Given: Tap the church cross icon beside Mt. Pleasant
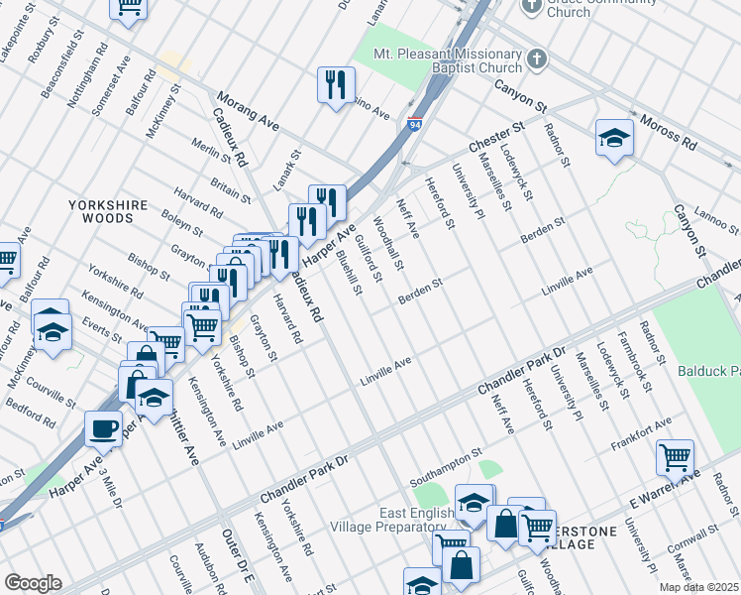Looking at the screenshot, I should click(x=536, y=59).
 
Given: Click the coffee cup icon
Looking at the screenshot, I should click(x=102, y=428).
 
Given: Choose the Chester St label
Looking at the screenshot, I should click(x=496, y=133).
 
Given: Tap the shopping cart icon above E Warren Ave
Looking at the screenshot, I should click(x=675, y=457).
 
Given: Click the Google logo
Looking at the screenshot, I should click(x=33, y=583).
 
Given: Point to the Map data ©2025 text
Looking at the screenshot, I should click(x=698, y=587).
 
